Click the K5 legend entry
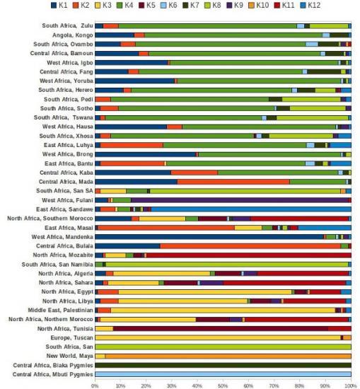click(147, 5)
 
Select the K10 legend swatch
click(251, 5)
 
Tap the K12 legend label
click(314, 5)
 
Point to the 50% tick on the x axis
click(223, 383)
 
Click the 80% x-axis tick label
click(299, 386)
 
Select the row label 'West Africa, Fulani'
click(67, 200)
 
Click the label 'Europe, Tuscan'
click(71, 337)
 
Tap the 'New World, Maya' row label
click(70, 356)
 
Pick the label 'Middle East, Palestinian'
click(61, 310)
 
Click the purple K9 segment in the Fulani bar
click(240, 200)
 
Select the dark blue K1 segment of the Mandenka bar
click(209, 237)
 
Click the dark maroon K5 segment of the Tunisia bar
click(221, 329)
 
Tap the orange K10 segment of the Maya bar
click(228, 356)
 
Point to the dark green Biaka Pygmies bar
click(223, 365)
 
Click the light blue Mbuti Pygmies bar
click(223, 374)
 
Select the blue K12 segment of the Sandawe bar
click(251, 209)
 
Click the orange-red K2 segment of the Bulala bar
click(250, 246)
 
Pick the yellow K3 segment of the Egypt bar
click(205, 292)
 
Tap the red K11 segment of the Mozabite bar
click(248, 255)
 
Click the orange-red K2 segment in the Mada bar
click(233, 182)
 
